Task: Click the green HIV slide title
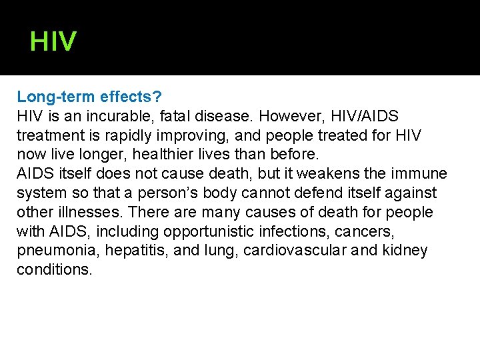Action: pos(53,42)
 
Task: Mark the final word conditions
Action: pos(55,271)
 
